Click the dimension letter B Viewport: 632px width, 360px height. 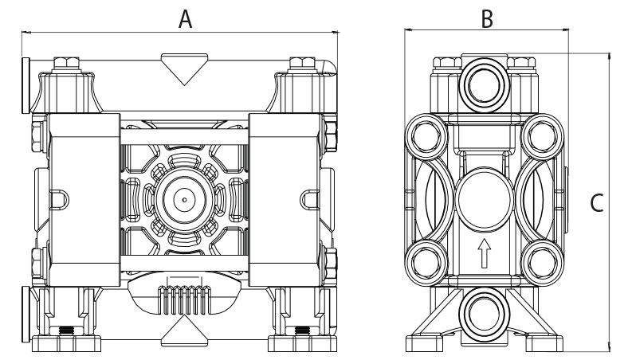(486, 18)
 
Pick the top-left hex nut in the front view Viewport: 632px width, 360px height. (66, 64)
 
